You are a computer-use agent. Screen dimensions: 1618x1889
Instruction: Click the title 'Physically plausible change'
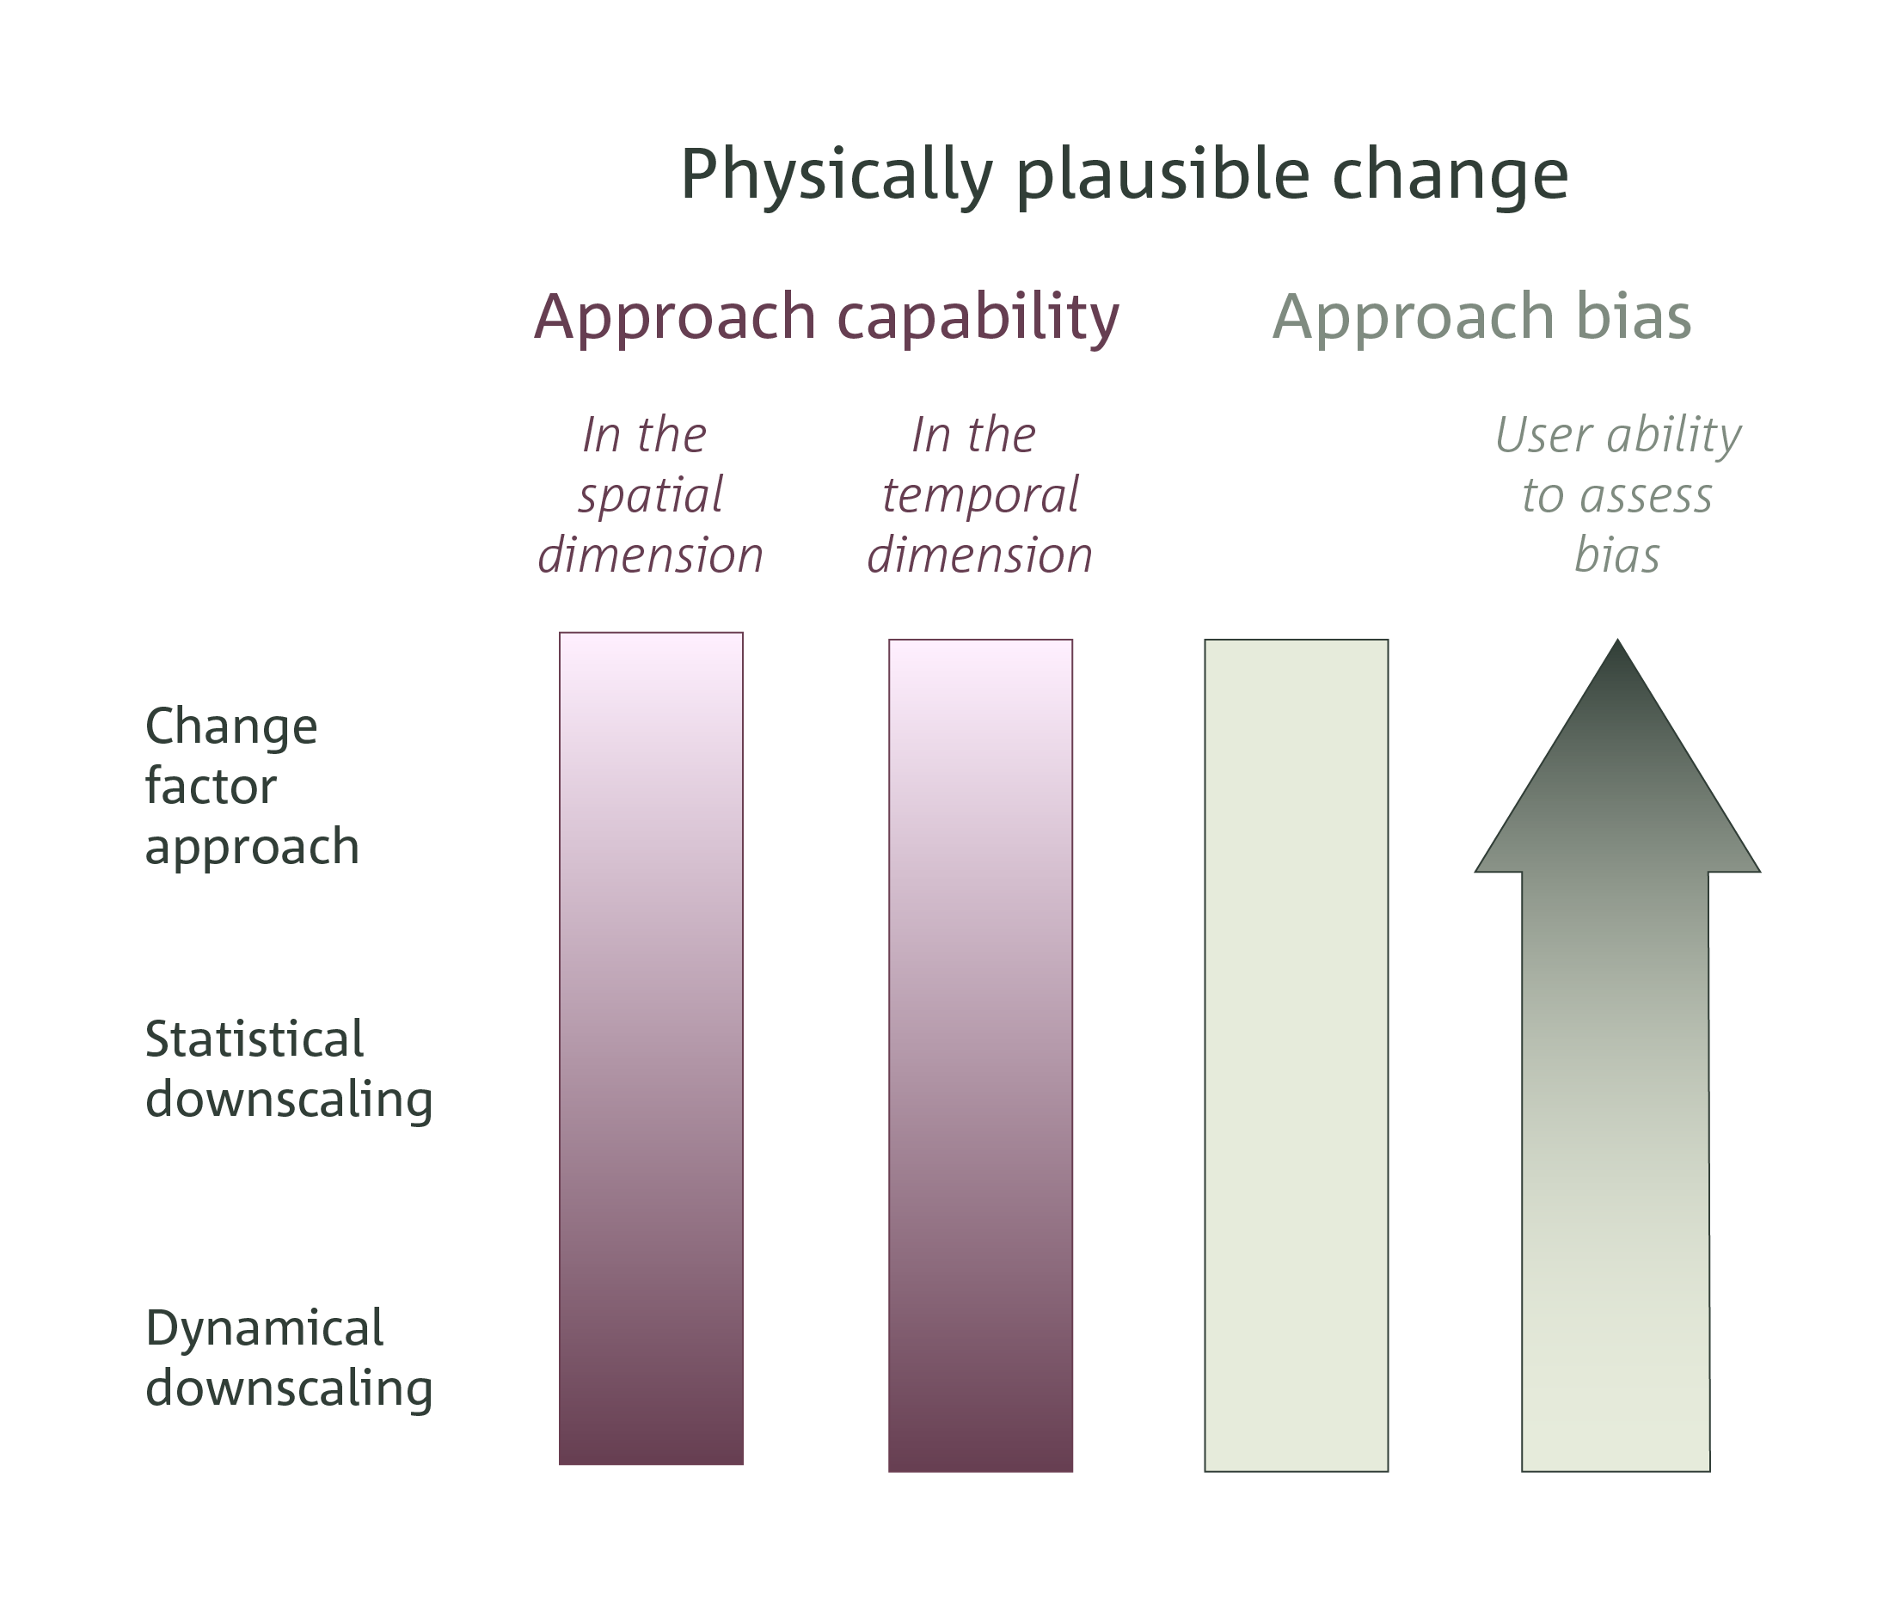pos(1123,175)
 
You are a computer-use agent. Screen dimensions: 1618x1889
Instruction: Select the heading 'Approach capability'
pos(826,317)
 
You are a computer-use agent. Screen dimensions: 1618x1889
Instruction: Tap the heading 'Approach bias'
pos(1481,317)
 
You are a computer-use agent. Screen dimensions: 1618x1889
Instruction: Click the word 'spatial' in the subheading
pos(650,496)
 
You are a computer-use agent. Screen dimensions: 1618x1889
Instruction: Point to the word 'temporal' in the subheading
pos(980,496)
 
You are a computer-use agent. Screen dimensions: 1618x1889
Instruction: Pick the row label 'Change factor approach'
pos(252,786)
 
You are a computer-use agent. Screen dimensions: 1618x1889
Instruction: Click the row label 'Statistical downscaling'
pos(288,1069)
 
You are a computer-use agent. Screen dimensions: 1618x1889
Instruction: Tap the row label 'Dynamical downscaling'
pos(288,1358)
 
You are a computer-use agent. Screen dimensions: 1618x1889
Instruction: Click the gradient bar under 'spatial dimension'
pos(651,1048)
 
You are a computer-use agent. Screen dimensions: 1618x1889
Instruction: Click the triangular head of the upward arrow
pos(1617,784)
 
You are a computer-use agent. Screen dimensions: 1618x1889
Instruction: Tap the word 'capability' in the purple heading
pos(978,317)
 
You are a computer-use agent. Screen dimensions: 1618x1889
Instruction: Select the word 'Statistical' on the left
pos(255,1039)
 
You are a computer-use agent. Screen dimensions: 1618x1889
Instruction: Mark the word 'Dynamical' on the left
pos(264,1328)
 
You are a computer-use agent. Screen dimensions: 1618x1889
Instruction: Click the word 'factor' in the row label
pos(211,786)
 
